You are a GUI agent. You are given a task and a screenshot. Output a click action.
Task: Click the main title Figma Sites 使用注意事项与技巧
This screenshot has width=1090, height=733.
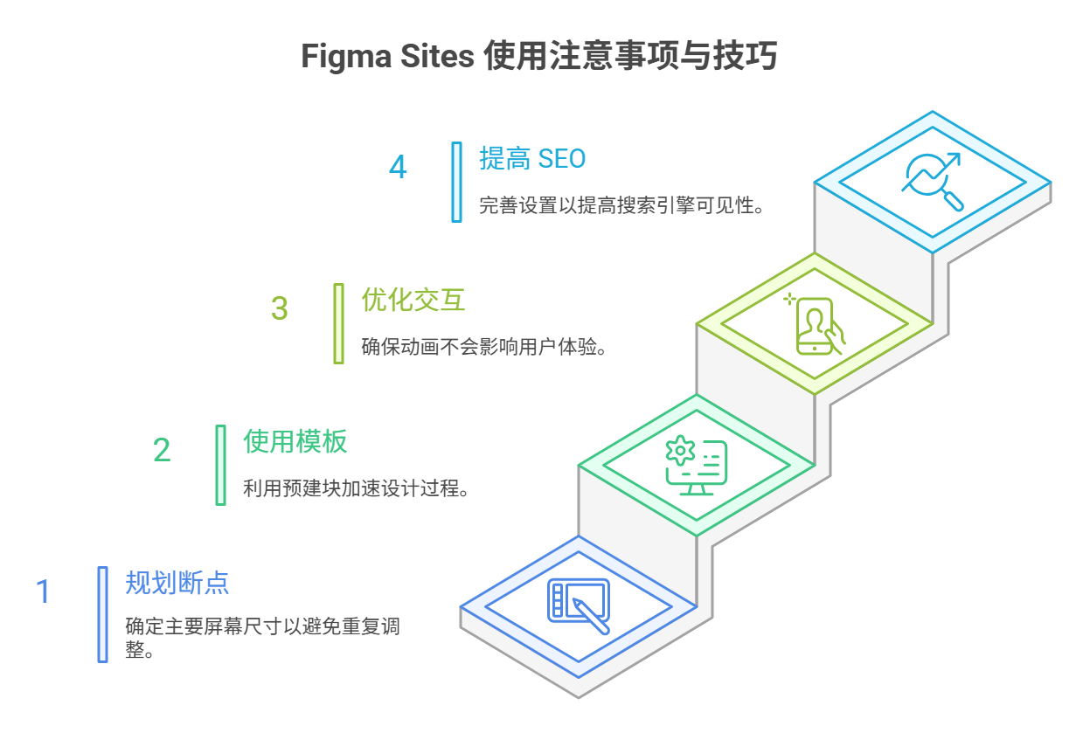pos(538,58)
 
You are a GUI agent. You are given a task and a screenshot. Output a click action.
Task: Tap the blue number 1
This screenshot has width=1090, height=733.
pos(43,591)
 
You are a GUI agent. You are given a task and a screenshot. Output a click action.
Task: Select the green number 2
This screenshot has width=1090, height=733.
pos(162,450)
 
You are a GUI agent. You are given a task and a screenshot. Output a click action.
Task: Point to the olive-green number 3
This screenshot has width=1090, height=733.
pos(279,308)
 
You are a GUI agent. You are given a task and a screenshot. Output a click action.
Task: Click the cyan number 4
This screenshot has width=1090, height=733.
pos(398,167)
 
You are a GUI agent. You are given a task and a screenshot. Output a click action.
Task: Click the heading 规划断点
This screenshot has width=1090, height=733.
pos(177,583)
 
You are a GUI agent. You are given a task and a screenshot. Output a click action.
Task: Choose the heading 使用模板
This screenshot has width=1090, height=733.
pos(295,441)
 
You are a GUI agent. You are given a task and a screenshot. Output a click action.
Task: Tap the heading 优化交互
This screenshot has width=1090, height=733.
pos(413,300)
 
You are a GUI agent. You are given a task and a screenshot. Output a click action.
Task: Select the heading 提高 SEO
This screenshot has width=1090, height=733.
pos(531,158)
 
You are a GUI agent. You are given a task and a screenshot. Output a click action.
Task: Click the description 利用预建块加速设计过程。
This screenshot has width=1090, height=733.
pos(358,488)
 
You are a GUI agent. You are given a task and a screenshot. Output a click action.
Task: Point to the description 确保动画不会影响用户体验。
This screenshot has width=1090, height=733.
pos(484,346)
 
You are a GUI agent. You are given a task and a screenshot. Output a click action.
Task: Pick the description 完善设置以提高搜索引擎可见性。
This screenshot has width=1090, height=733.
pos(622,206)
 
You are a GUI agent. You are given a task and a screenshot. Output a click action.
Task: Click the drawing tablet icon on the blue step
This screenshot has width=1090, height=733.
pos(578,605)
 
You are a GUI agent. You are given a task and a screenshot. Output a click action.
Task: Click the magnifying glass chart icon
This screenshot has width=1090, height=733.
pos(933,182)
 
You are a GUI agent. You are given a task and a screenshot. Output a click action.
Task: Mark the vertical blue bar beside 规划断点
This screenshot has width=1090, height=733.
pos(102,614)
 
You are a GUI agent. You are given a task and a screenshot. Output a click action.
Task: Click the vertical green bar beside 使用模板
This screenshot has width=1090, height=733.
pos(220,465)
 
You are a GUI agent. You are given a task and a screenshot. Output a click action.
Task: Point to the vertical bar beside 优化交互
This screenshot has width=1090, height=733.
pos(338,323)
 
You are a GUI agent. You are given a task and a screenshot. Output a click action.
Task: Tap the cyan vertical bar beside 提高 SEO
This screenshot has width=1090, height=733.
pos(456,182)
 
